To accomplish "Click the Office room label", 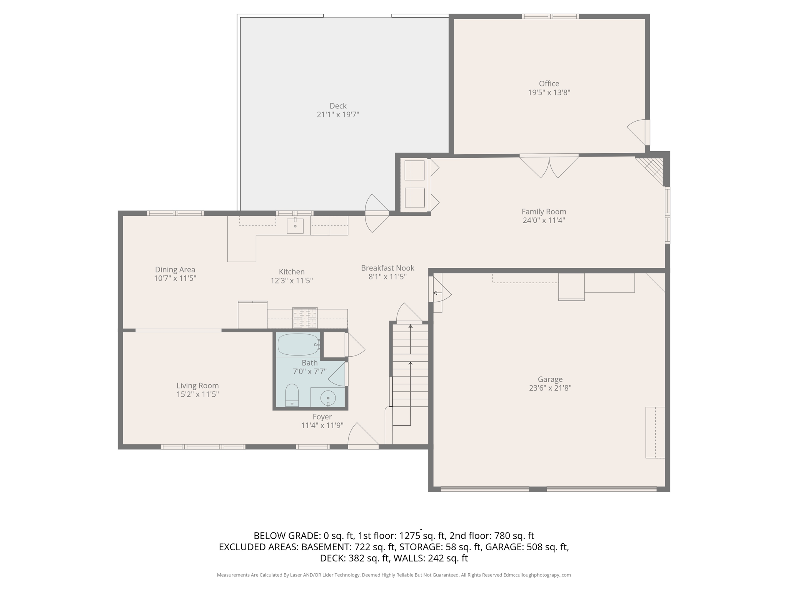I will (x=549, y=83).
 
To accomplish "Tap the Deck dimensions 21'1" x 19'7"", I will (x=338, y=115).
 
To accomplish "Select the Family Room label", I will (x=544, y=212).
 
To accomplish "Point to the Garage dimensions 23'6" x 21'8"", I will (x=550, y=388).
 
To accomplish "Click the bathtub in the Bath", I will (x=298, y=345).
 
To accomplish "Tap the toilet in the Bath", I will (x=292, y=395).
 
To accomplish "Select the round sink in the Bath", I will (x=328, y=397).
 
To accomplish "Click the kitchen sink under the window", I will (x=295, y=226).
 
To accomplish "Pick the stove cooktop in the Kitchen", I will (x=305, y=317).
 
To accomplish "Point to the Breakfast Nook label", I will (x=387, y=268).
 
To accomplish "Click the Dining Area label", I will (x=175, y=270).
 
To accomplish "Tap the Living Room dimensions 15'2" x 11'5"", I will (x=197, y=394).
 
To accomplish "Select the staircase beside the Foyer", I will (x=410, y=369).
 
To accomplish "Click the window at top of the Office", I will (x=550, y=16).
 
